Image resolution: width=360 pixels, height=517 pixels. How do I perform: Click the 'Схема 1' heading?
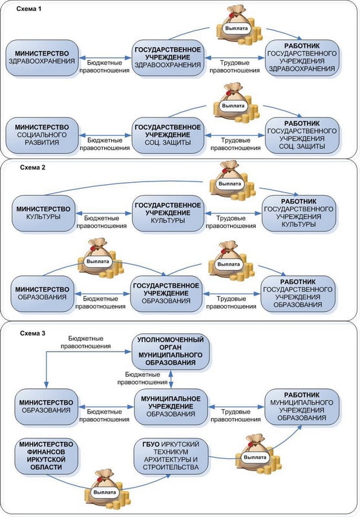click(x=29, y=9)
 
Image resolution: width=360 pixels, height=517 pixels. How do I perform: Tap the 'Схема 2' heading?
click(x=32, y=167)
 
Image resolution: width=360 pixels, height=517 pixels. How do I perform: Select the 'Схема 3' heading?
click(x=32, y=333)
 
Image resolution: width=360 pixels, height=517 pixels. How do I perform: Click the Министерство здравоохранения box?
click(x=42, y=58)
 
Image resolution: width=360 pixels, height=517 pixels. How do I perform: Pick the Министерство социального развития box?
click(x=42, y=135)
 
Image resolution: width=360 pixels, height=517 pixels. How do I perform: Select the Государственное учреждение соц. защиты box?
click(x=168, y=135)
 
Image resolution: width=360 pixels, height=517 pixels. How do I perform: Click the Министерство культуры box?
click(x=43, y=213)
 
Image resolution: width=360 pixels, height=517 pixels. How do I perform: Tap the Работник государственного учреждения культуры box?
click(x=299, y=213)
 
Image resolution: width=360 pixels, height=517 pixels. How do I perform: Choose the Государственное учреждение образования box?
click(x=166, y=294)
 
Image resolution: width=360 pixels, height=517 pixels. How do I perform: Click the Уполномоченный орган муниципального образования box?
click(x=171, y=352)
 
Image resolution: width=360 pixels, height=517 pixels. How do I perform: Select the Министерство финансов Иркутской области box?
click(x=46, y=456)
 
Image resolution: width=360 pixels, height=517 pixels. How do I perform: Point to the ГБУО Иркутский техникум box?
click(x=171, y=456)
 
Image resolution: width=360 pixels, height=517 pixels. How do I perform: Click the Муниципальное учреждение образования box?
click(x=171, y=406)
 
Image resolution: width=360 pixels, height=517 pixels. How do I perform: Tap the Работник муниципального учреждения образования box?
click(x=302, y=406)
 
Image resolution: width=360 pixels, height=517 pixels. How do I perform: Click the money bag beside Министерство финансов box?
click(x=106, y=489)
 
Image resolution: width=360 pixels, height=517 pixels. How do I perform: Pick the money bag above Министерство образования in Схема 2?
click(x=100, y=258)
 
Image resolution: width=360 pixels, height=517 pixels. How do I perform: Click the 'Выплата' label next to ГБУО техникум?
click(x=255, y=458)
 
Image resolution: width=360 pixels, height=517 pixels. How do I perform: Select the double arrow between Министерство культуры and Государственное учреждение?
click(x=103, y=213)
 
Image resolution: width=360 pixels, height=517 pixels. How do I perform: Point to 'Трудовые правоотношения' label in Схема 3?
click(x=236, y=416)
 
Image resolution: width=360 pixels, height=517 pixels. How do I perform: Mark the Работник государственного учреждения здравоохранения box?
click(x=302, y=58)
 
